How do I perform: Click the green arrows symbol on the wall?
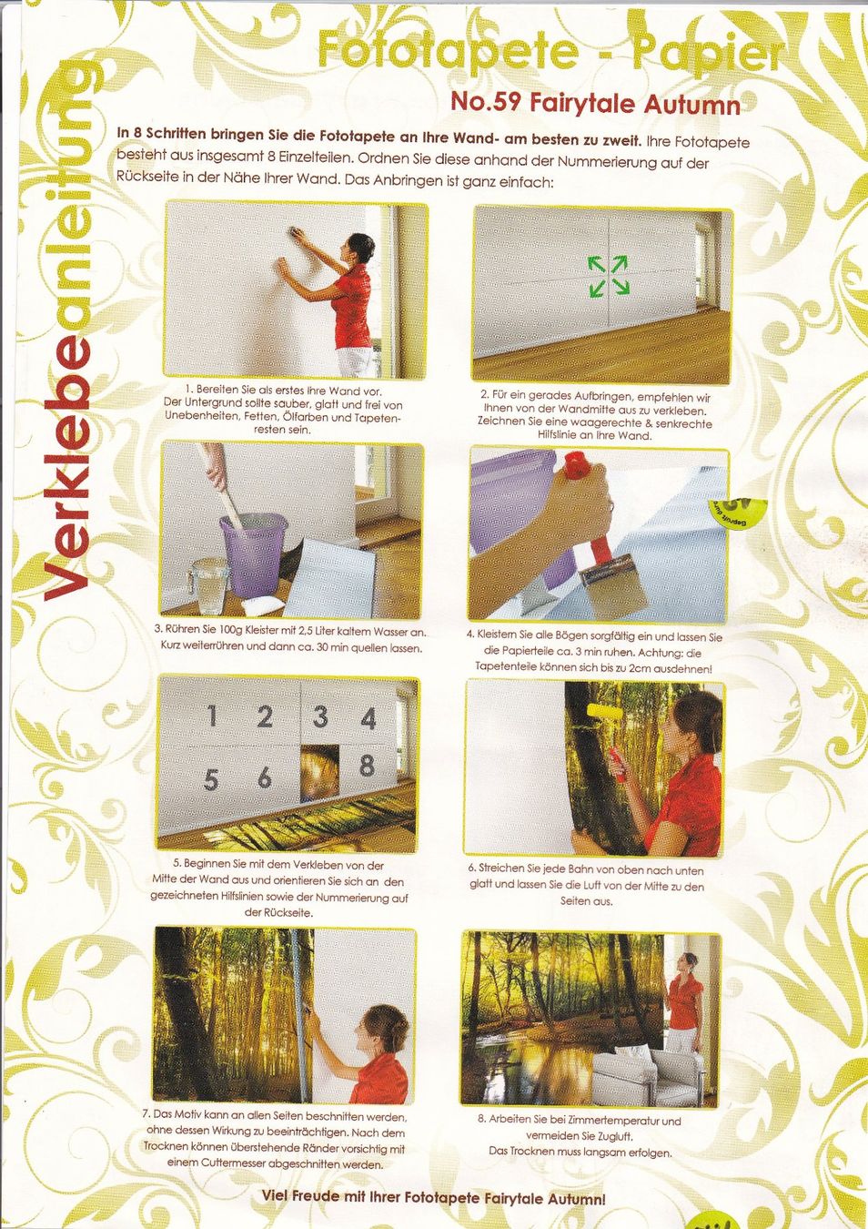(609, 276)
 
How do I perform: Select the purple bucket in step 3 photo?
(253, 554)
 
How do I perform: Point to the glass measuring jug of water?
(209, 585)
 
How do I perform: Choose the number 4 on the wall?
(368, 719)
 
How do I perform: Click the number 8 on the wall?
(367, 766)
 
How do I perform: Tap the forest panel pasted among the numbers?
(319, 771)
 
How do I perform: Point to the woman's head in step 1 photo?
(360, 249)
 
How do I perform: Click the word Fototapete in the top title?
(447, 52)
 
